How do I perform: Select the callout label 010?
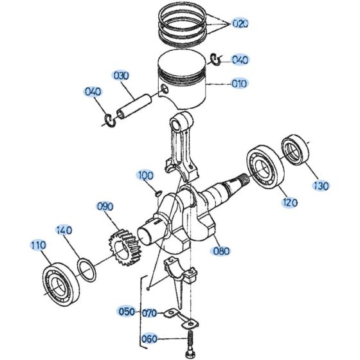(239, 83)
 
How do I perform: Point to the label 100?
(145, 175)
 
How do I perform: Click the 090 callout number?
(105, 206)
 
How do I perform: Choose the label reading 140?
(64, 230)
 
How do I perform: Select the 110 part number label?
(38, 245)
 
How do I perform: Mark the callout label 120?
(289, 203)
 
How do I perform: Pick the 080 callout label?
(221, 251)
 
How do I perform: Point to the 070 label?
(149, 313)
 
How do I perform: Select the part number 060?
(149, 339)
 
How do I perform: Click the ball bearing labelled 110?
(61, 280)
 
